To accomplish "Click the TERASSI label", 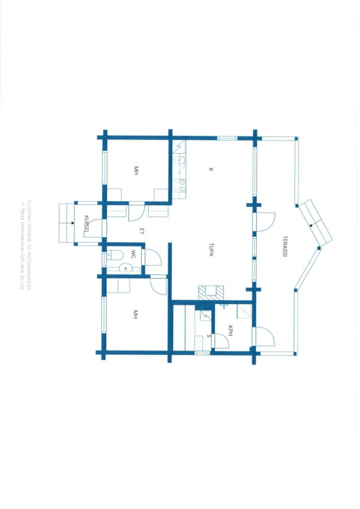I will pyautogui.click(x=285, y=246).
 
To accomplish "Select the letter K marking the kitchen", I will pyautogui.click(x=211, y=170).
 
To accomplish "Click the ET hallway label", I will pyautogui.click(x=141, y=232).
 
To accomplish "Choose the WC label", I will pyautogui.click(x=133, y=254).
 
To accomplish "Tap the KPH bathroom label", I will pyautogui.click(x=231, y=331).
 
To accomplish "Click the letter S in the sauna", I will pyautogui.click(x=208, y=337).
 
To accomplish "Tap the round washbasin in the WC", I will pyautogui.click(x=125, y=269).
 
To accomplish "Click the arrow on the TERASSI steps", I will pyautogui.click(x=312, y=225).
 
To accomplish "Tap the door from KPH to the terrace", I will pyautogui.click(x=265, y=338).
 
